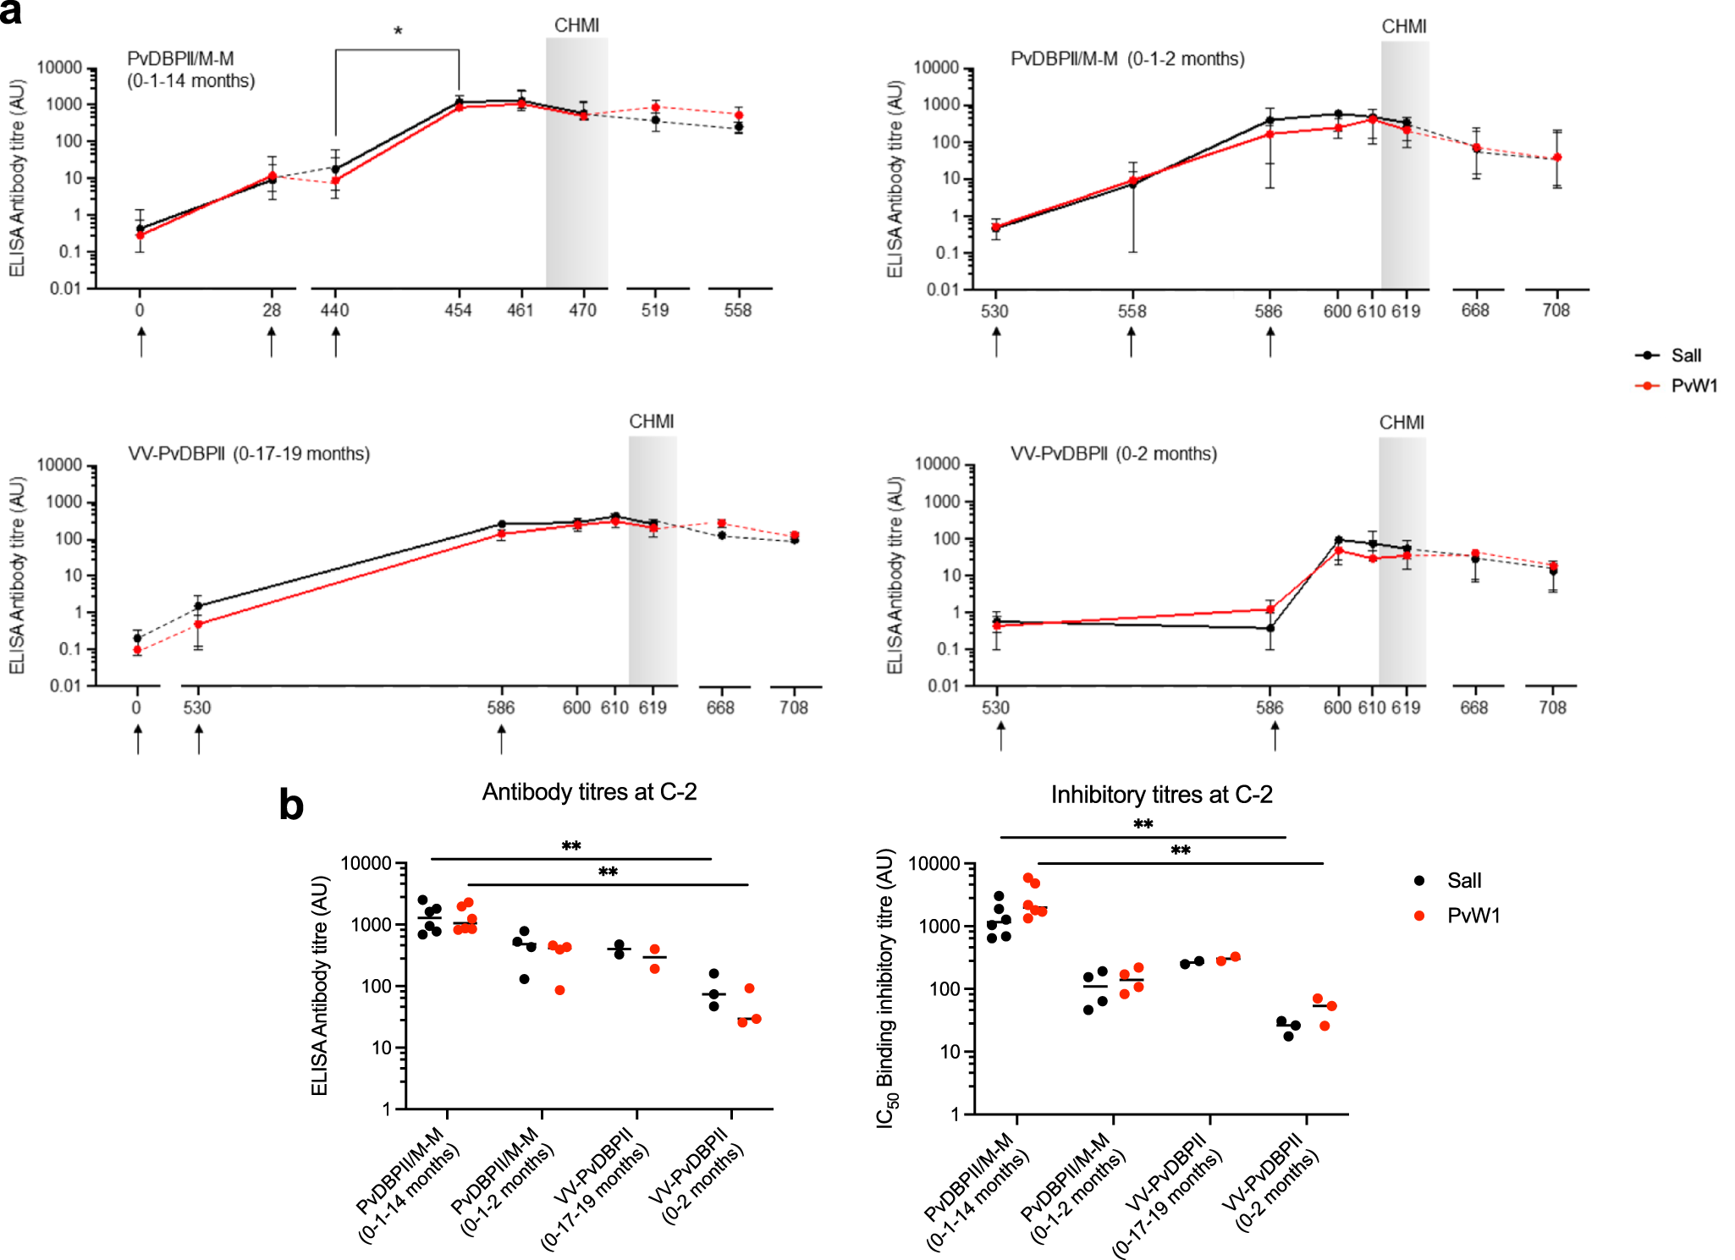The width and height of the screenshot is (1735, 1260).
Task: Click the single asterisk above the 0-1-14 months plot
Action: click(398, 32)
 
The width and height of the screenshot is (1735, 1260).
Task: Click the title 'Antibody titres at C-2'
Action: click(589, 792)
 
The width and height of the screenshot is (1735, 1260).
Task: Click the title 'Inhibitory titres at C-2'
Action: click(1161, 795)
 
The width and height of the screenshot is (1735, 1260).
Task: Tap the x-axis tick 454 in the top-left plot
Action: click(458, 311)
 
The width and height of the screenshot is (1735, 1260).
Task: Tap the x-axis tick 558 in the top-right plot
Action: click(1132, 311)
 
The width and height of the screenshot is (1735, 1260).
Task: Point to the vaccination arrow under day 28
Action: click(272, 342)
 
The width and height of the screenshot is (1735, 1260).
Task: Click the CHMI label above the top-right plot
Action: click(1404, 27)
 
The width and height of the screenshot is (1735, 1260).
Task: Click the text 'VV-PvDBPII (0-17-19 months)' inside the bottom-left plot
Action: click(249, 454)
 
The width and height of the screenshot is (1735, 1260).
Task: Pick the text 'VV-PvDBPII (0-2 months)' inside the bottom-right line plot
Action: click(1113, 454)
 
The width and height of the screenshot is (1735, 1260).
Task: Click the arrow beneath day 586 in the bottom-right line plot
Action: click(1275, 736)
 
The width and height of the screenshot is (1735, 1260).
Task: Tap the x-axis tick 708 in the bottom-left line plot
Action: click(794, 707)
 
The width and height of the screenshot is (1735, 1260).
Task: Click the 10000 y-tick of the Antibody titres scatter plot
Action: click(366, 863)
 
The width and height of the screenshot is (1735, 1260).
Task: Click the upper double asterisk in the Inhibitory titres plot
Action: click(1143, 825)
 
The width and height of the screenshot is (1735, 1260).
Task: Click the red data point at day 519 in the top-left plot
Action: click(656, 107)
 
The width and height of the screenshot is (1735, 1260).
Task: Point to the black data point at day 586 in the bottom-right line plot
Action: click(1270, 629)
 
